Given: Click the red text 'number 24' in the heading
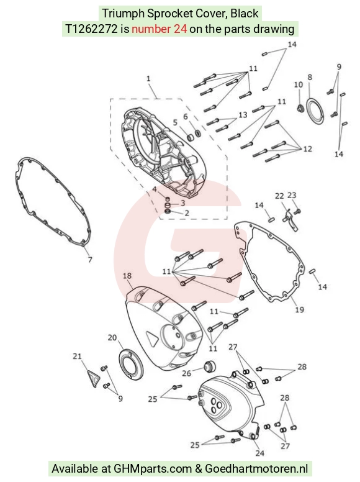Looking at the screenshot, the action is [159, 29].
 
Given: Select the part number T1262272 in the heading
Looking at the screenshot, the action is [91, 29].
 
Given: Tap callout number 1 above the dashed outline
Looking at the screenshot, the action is [148, 79].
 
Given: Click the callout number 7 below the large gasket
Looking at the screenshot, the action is [90, 260].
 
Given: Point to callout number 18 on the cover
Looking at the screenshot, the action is [127, 276].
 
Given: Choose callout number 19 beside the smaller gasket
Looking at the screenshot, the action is [300, 309].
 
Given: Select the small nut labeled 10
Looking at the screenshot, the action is [300, 109].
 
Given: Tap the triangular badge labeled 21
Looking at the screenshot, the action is [92, 378].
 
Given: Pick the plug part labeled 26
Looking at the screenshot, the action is [210, 366].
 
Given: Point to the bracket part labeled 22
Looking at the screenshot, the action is [290, 219].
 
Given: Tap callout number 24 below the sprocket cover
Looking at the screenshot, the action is [260, 453].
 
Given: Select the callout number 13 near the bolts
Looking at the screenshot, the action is [243, 115].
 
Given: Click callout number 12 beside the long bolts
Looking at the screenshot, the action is [307, 149].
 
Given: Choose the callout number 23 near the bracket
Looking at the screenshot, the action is [292, 195].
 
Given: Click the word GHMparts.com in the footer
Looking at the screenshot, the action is [153, 469].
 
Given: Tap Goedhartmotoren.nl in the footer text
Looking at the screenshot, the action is [256, 469].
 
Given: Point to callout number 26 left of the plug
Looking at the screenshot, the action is [186, 373].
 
